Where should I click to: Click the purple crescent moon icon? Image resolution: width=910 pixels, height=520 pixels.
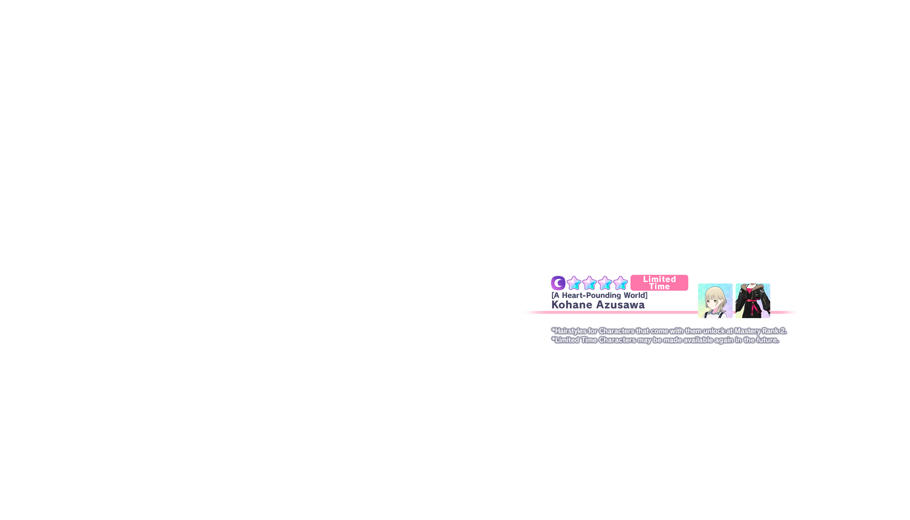pyautogui.click(x=558, y=283)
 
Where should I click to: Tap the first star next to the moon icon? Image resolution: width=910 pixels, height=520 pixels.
pyautogui.click(x=574, y=283)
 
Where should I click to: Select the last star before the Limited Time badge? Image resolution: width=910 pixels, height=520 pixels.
pyautogui.click(x=620, y=283)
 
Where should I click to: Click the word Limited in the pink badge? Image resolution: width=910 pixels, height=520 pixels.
pyautogui.click(x=659, y=279)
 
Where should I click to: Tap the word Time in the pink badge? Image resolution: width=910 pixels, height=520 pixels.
pyautogui.click(x=659, y=287)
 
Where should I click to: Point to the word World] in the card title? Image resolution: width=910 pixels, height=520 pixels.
pyautogui.click(x=636, y=295)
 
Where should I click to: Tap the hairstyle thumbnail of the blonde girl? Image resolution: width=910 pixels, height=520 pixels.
pyautogui.click(x=715, y=301)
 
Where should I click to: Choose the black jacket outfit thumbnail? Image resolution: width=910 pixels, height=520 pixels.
pyautogui.click(x=753, y=301)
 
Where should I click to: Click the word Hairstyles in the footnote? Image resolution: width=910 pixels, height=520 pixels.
pyautogui.click(x=571, y=331)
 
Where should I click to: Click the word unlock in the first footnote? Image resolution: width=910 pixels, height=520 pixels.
pyautogui.click(x=714, y=331)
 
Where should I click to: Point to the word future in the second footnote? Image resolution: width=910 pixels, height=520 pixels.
pyautogui.click(x=767, y=340)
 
